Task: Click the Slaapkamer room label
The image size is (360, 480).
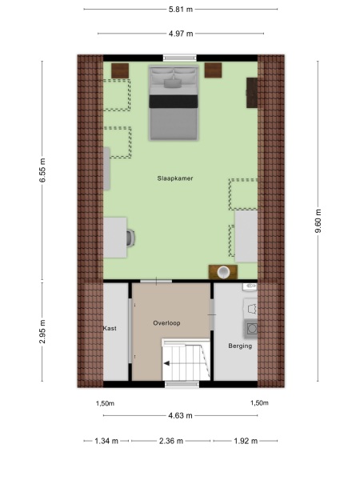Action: pos(178,179)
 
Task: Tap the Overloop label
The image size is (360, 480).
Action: pos(170,322)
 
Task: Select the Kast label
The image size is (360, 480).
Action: pos(110,329)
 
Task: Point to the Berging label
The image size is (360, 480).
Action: pos(240,346)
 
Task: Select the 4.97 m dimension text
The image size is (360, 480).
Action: pos(180,34)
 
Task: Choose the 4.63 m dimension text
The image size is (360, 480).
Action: pos(180,416)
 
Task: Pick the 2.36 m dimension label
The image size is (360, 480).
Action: pos(170,441)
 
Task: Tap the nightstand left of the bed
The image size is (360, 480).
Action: pos(120,70)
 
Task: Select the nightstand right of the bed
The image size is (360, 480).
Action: pos(214,70)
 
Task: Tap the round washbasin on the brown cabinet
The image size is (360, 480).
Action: pos(225,271)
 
